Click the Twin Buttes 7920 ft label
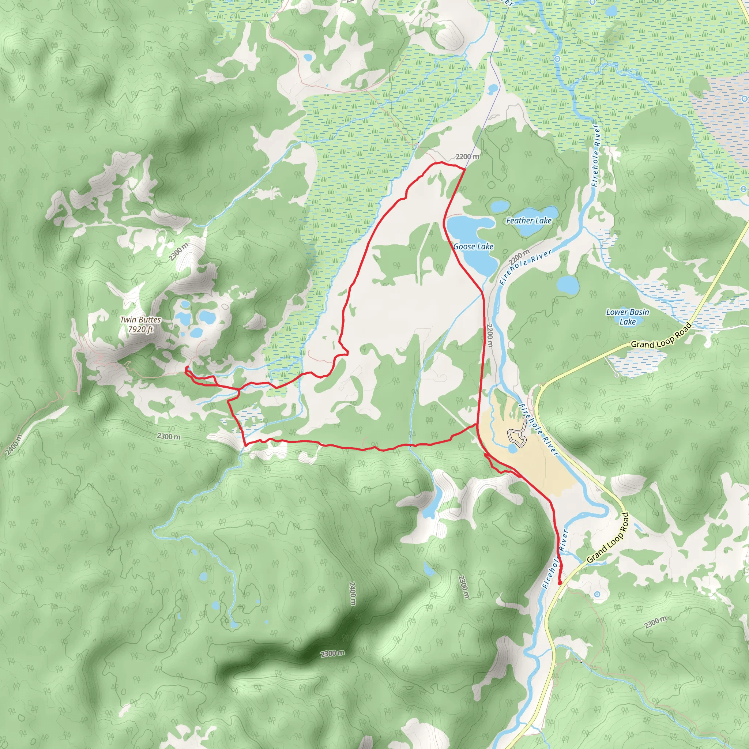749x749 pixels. (x=140, y=324)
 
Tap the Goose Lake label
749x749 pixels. (x=473, y=246)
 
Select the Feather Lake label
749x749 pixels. (x=529, y=221)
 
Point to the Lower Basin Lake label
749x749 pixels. (x=627, y=317)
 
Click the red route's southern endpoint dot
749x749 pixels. (x=560, y=583)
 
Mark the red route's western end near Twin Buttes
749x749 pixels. (x=187, y=367)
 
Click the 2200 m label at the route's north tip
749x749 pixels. (x=467, y=157)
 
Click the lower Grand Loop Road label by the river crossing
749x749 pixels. (x=608, y=538)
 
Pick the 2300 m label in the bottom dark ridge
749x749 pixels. (x=332, y=654)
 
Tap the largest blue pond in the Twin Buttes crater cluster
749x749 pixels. (x=207, y=317)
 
